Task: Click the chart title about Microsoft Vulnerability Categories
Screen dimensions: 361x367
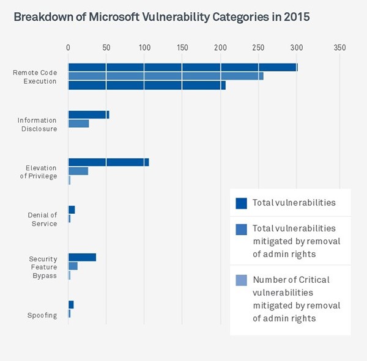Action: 161,16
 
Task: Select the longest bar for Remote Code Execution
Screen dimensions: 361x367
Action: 182,67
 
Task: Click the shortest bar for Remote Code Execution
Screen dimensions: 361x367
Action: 146,86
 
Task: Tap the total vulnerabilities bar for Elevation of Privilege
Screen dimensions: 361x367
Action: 108,162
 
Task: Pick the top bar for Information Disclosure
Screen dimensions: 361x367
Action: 88,115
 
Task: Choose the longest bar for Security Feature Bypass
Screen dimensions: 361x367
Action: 82,257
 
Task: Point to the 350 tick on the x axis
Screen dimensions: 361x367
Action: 339,48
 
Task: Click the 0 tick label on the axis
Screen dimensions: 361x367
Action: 68,48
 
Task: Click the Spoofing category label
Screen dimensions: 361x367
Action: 42,315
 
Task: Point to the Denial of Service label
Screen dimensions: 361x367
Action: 42,219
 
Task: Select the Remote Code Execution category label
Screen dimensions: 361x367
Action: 35,76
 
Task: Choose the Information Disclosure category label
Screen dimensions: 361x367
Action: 37,125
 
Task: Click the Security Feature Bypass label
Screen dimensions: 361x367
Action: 43,267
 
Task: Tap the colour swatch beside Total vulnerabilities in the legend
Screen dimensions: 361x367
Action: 241,203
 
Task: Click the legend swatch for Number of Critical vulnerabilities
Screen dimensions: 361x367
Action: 241,280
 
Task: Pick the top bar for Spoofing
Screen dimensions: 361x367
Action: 71,305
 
